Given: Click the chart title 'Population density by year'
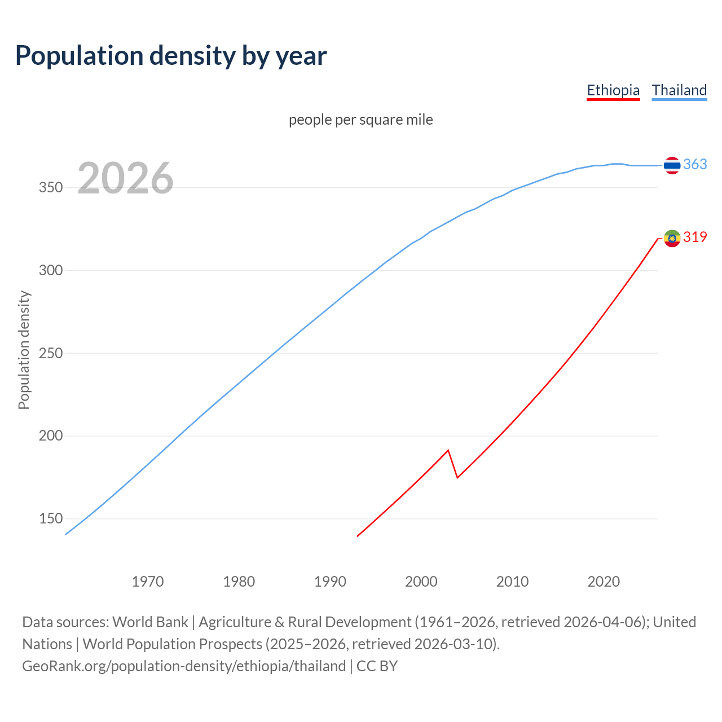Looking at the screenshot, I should [171, 55].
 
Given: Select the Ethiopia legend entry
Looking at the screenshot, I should [613, 90].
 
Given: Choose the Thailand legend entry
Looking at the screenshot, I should [679, 90].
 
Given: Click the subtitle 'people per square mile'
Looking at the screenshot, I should [360, 120].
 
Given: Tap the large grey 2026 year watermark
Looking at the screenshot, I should [125, 178].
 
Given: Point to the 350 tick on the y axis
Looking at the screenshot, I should [50, 187].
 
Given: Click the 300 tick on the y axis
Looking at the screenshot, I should [50, 270].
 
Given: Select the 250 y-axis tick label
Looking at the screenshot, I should [50, 353].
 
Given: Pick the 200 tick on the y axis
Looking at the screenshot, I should [50, 436].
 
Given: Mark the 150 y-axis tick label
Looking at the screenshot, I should [50, 519].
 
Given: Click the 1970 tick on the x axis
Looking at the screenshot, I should [148, 582].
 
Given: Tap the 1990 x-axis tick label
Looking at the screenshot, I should [330, 582].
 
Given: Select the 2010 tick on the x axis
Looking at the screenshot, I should [512, 582].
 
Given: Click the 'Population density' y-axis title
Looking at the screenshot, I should [24, 350].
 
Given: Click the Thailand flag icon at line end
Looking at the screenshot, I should [672, 165].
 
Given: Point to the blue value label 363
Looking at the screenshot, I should [695, 164].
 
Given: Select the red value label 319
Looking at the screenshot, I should [695, 237].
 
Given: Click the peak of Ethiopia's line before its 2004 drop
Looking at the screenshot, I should [448, 450].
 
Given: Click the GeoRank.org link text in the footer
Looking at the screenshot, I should [184, 666].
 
